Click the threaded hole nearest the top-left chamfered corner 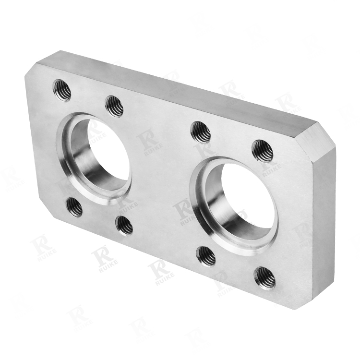[61, 90]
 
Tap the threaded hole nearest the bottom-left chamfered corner [74, 207]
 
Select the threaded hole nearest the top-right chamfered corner [263, 150]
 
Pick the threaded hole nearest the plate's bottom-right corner [265, 278]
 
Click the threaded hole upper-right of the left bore [114, 107]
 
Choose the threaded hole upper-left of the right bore [201, 132]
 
